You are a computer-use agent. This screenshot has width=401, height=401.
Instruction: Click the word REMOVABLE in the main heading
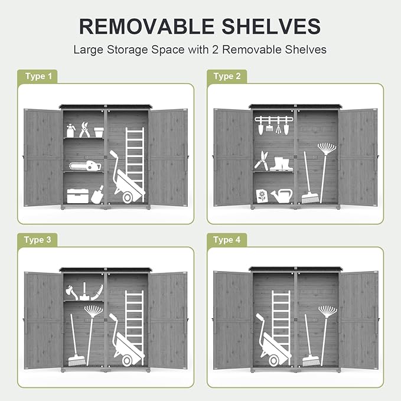tap(147, 27)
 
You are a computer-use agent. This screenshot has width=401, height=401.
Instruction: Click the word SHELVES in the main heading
tap(271, 27)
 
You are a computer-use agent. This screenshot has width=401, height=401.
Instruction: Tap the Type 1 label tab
tap(37, 76)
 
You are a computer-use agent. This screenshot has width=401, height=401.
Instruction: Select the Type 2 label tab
tap(227, 76)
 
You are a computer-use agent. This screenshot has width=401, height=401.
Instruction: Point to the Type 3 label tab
tap(37, 240)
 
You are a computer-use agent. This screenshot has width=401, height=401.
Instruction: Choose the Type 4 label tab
tap(227, 240)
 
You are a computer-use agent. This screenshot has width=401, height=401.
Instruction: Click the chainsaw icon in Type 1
tap(85, 166)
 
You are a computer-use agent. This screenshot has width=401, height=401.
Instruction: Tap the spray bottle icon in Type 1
tap(71, 131)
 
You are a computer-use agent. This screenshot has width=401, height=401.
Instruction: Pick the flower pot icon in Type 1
tap(99, 132)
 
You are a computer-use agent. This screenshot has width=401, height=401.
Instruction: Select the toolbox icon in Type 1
tap(78, 196)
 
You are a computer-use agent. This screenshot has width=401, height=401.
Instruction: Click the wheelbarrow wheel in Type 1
tap(128, 198)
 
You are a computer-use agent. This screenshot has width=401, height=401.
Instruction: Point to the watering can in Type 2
tap(282, 196)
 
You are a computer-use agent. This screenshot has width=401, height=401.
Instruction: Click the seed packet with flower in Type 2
tap(262, 197)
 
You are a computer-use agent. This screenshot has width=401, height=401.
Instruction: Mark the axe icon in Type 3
tap(71, 292)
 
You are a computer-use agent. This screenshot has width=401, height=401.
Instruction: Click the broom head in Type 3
tap(77, 360)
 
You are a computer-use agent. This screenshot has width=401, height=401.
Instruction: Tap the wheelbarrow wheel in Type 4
tap(273, 361)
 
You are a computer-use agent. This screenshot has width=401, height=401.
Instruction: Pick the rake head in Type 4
tap(328, 312)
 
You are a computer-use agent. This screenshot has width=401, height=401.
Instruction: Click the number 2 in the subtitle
tap(216, 50)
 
